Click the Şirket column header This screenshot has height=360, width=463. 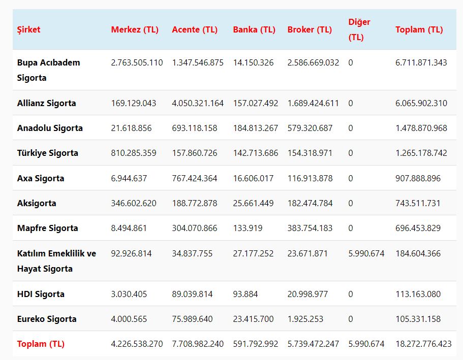(28, 29)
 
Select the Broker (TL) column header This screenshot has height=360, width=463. (310, 29)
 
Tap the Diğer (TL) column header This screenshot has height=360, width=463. (359, 29)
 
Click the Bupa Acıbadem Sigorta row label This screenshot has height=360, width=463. (48, 70)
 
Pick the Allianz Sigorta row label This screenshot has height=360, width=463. (46, 103)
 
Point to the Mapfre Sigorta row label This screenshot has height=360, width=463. (47, 228)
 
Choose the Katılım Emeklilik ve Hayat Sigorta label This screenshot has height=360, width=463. (56, 261)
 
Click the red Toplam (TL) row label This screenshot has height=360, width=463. (41, 344)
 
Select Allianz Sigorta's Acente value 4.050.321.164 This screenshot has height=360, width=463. (198, 103)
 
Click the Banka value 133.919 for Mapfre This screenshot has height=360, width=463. (248, 228)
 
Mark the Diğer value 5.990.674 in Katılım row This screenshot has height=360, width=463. (366, 253)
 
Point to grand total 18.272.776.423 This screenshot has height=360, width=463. (423, 344)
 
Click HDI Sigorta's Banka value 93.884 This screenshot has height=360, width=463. (245, 294)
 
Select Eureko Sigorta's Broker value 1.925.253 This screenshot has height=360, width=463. (305, 319)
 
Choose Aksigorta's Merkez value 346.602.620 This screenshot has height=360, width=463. (134, 203)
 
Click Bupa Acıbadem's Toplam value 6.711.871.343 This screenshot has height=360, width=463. (421, 62)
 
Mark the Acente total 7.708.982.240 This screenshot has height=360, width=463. (198, 344)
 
